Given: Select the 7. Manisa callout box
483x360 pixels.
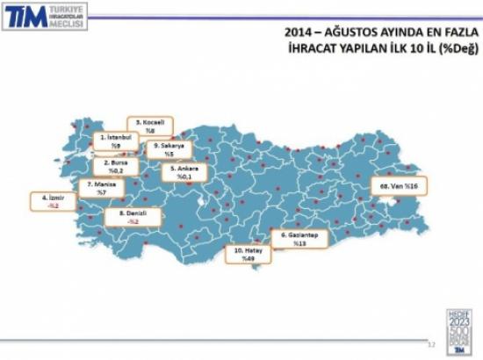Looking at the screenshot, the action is pyautogui.click(x=102, y=188).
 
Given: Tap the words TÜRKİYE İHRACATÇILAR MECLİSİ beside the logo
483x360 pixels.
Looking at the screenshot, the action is pyautogui.click(x=68, y=17).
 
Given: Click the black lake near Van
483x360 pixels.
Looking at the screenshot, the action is pyautogui.click(x=391, y=204).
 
